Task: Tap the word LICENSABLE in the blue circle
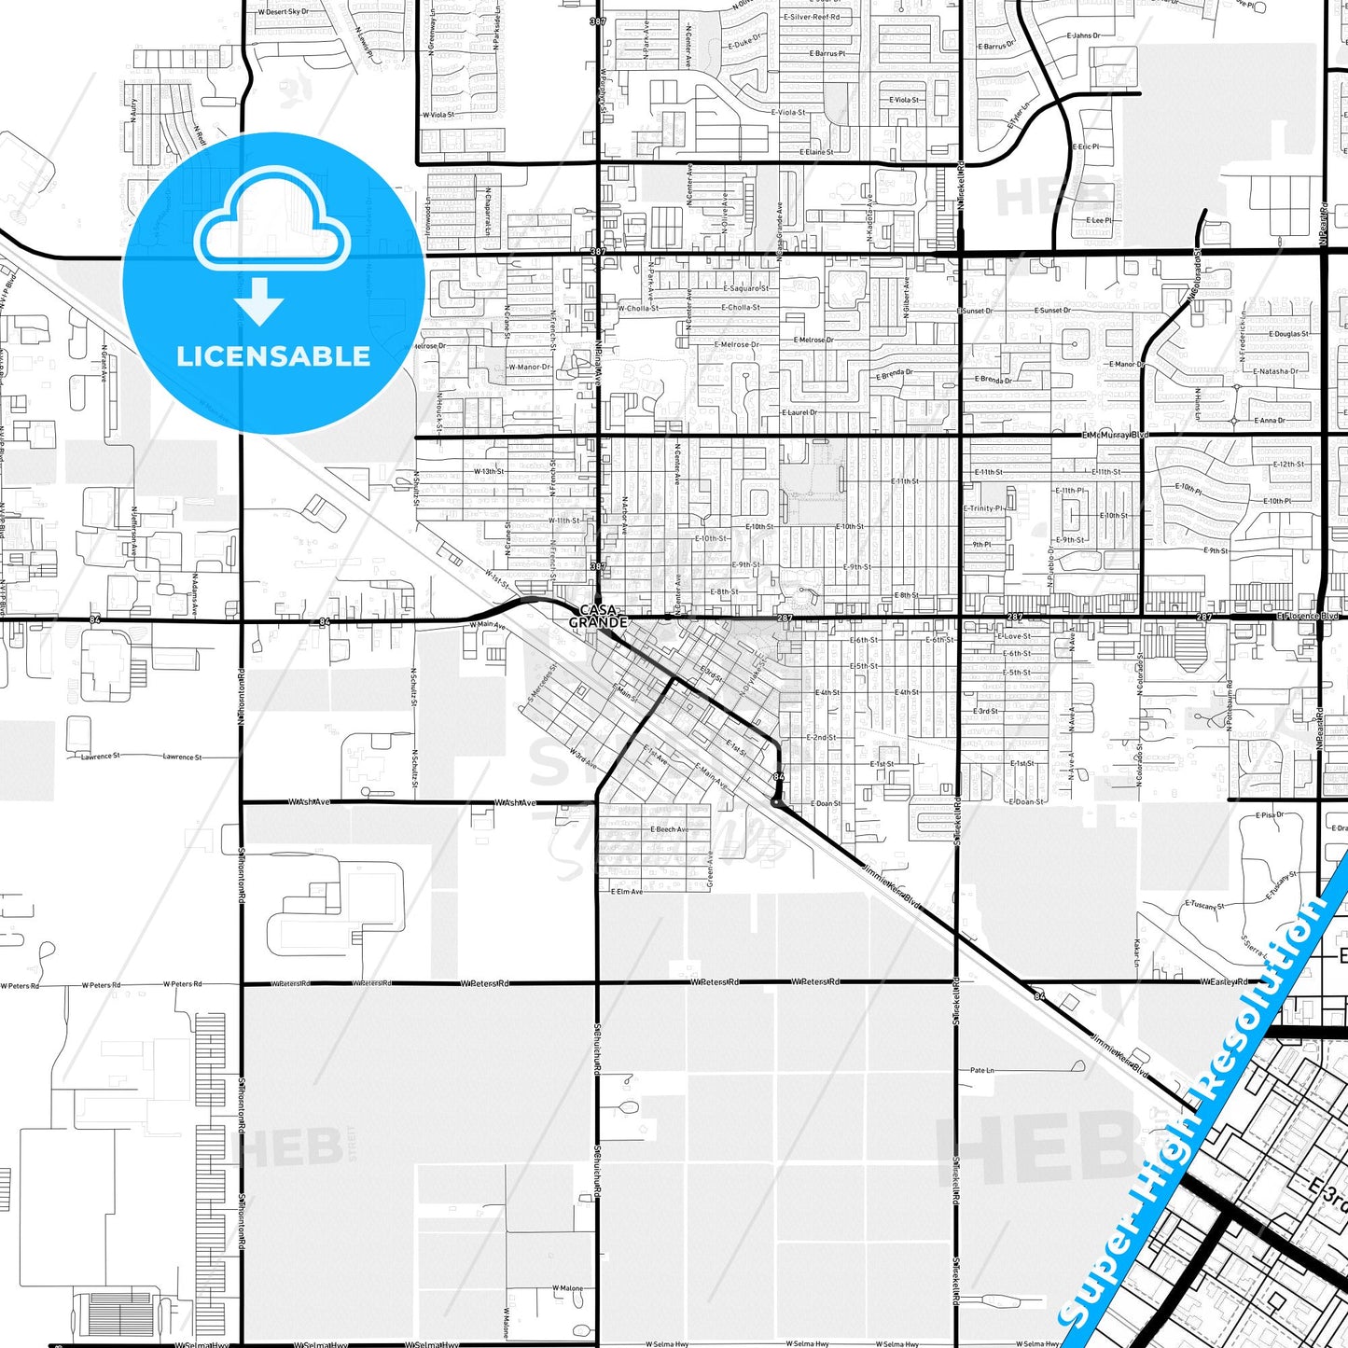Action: [x=273, y=356]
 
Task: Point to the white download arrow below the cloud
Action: [x=259, y=301]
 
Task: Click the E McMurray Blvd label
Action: [x=1116, y=435]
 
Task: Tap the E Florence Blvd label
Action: [x=1308, y=616]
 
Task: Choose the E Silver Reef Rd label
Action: [x=812, y=17]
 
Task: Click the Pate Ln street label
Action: [x=982, y=1070]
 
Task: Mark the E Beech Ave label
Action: [x=670, y=828]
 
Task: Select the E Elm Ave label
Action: [x=626, y=891]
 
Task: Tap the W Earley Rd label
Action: [x=1224, y=981]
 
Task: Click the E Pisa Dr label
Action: [x=1270, y=815]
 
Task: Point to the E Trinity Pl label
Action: [x=984, y=508]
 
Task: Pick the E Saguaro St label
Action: [x=744, y=288]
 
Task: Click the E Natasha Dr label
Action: [x=1275, y=371]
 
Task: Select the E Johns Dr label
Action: [x=1084, y=35]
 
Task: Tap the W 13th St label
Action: [x=489, y=471]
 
